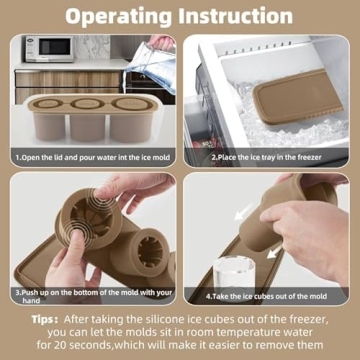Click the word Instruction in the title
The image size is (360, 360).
[x=244, y=17]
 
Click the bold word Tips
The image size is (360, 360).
[x=43, y=317]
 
